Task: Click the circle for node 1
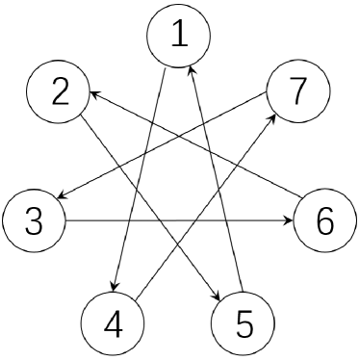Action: pyautogui.click(x=179, y=35)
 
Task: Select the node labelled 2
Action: pyautogui.click(x=58, y=91)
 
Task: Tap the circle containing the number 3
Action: pyautogui.click(x=33, y=223)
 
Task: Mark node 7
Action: pyautogui.click(x=297, y=91)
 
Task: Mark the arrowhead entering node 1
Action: pyautogui.click(x=193, y=70)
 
